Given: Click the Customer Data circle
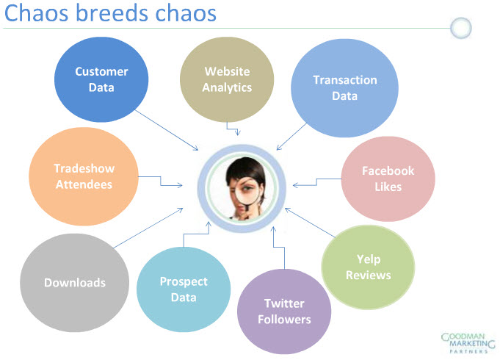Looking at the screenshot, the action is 101,79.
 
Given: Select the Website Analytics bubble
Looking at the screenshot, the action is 227,79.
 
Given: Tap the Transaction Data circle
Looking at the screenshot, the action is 344,88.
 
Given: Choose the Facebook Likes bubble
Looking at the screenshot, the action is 388,179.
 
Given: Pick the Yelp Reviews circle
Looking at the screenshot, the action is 368,267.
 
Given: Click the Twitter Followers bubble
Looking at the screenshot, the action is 284,312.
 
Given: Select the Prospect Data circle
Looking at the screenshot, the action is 184,289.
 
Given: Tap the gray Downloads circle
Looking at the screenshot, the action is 75,283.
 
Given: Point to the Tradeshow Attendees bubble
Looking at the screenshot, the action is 84,176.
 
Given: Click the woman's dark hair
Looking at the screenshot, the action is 245,169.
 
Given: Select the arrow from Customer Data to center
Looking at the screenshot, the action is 167,130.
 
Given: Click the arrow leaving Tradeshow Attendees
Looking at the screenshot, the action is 160,181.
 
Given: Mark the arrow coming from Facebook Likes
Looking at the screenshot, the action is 316,182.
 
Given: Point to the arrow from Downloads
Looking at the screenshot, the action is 148,228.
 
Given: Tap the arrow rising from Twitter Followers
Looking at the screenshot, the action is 279,247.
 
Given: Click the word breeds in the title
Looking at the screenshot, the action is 112,13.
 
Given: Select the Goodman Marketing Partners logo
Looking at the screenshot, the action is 468,343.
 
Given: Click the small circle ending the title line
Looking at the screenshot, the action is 461,28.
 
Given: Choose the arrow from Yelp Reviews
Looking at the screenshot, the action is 310,223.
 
